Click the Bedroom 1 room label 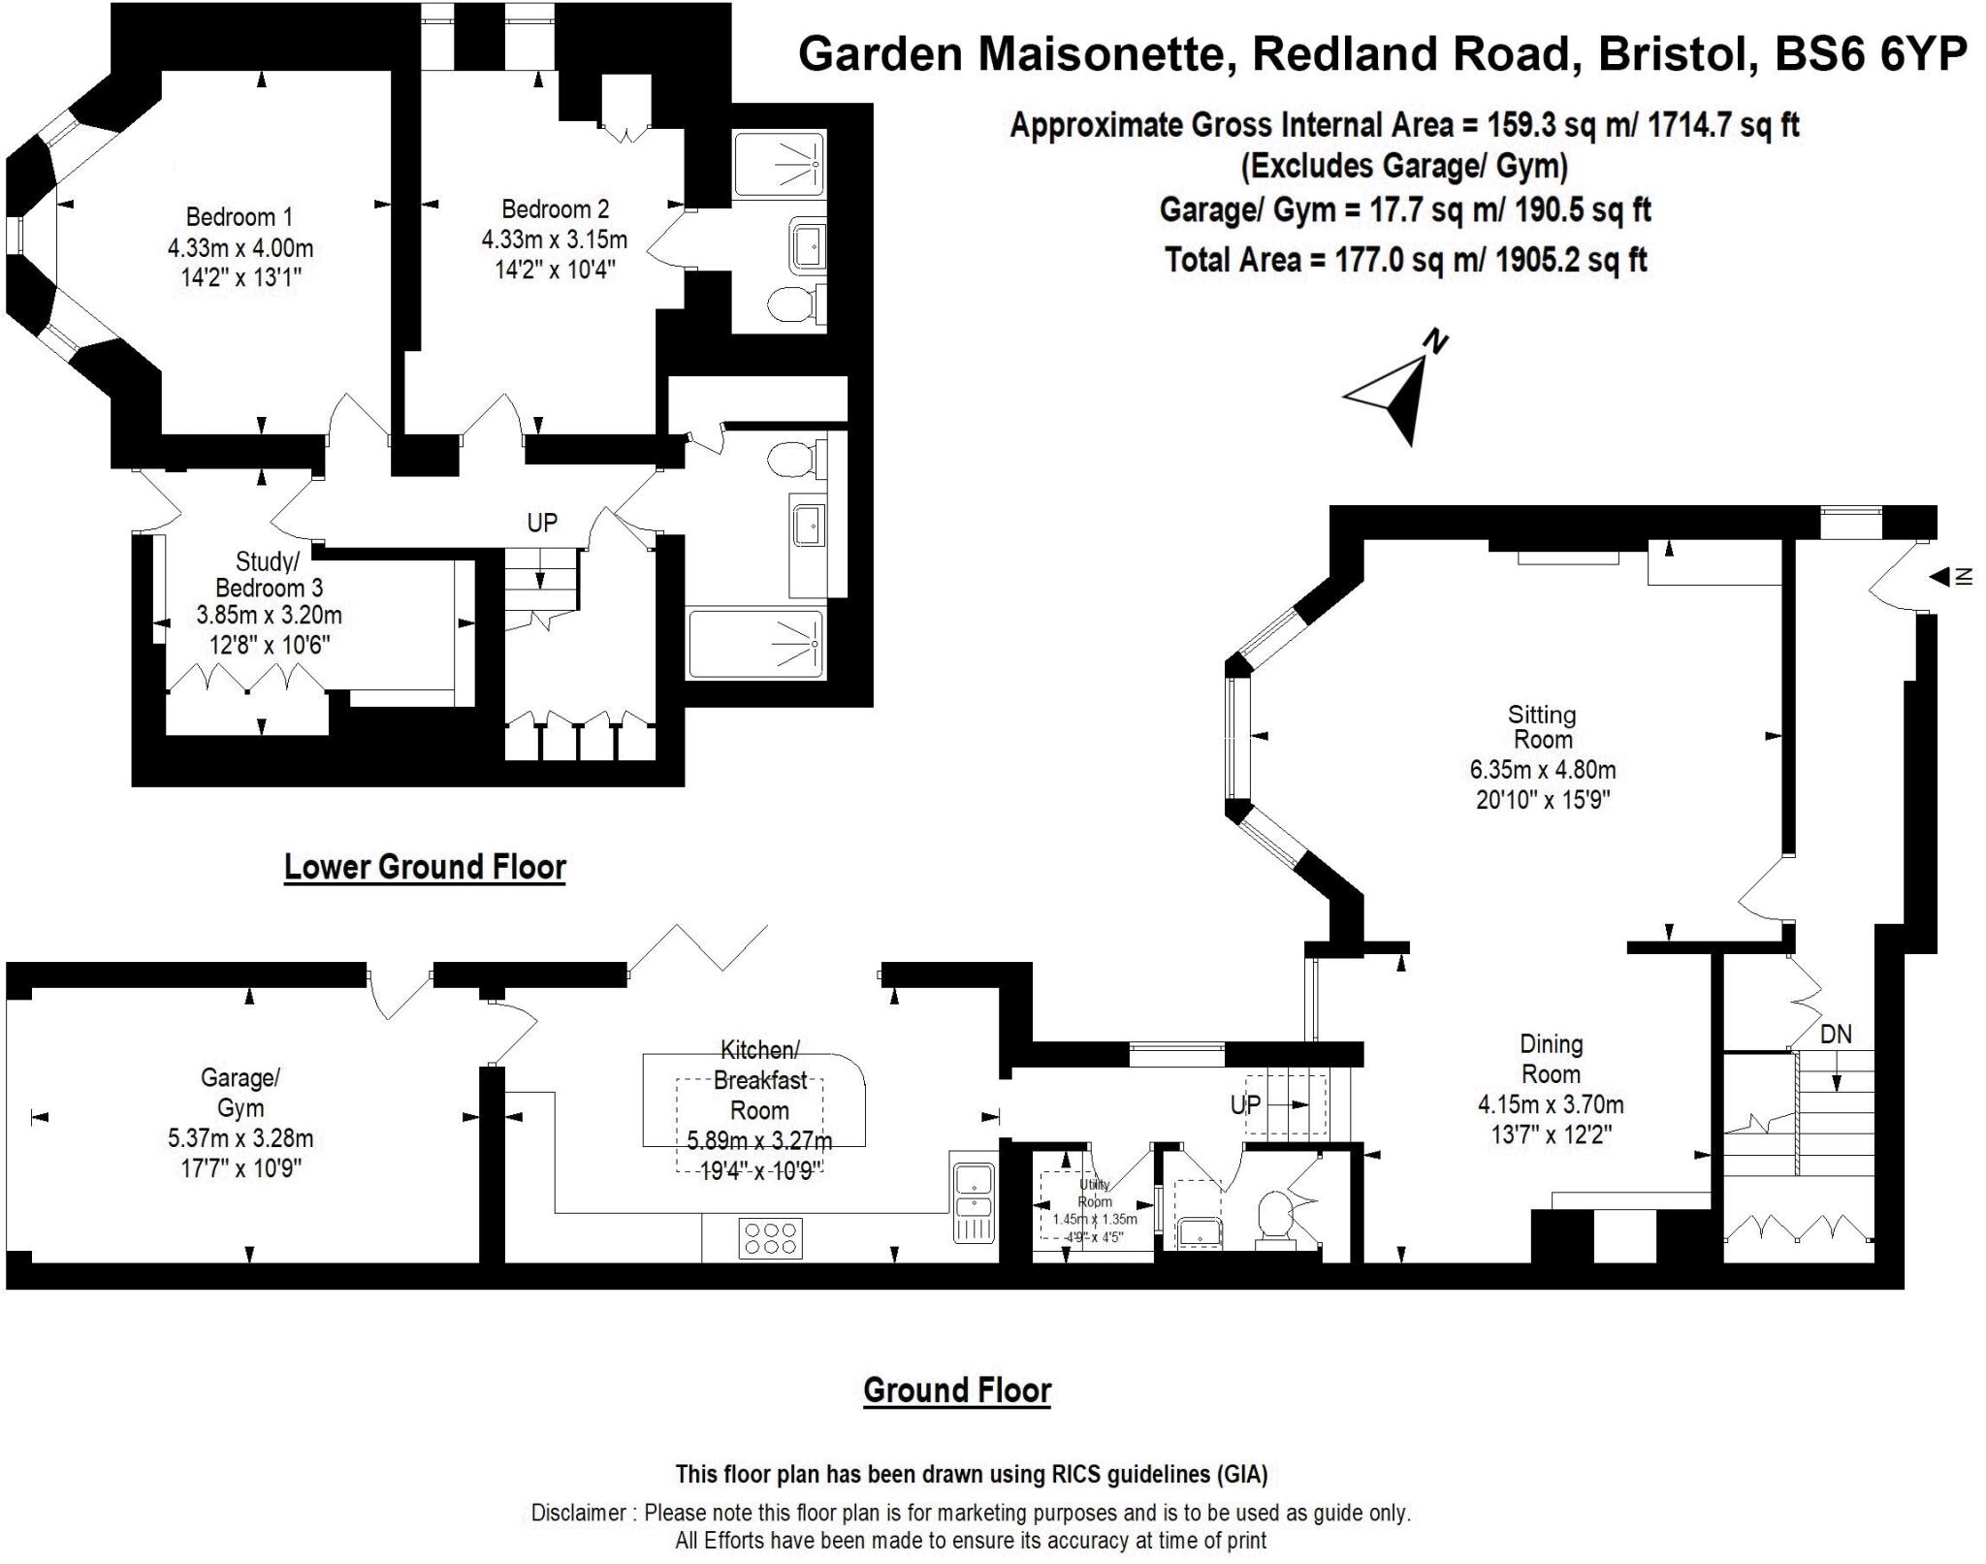pyautogui.click(x=239, y=216)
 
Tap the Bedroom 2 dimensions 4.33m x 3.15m pyautogui.click(x=554, y=239)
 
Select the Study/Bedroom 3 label pyautogui.click(x=269, y=575)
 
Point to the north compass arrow pyautogui.click(x=1396, y=397)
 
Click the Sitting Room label pyautogui.click(x=1542, y=727)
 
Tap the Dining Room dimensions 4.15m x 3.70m pyautogui.click(x=1550, y=1104)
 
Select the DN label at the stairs pyautogui.click(x=1836, y=1035)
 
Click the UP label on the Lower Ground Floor pyautogui.click(x=542, y=524)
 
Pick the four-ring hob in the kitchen pyautogui.click(x=770, y=1238)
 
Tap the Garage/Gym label pyautogui.click(x=240, y=1093)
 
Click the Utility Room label pyautogui.click(x=1095, y=1193)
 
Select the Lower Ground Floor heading pyautogui.click(x=425, y=867)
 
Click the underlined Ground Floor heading pyautogui.click(x=957, y=1390)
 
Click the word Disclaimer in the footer pyautogui.click(x=578, y=1512)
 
